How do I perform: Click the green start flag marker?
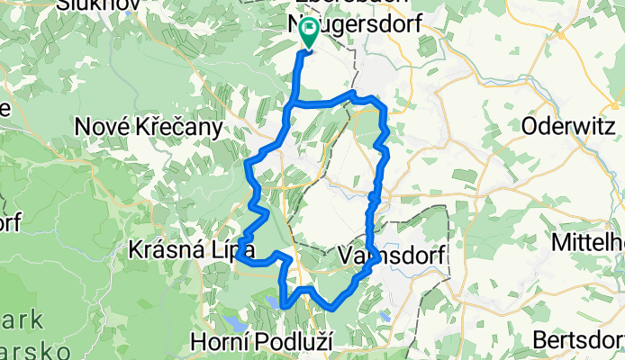[x=308, y=34]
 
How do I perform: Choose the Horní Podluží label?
[x=264, y=342]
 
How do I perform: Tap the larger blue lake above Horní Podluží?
[x=235, y=321]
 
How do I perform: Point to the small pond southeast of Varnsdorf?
[x=385, y=317]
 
